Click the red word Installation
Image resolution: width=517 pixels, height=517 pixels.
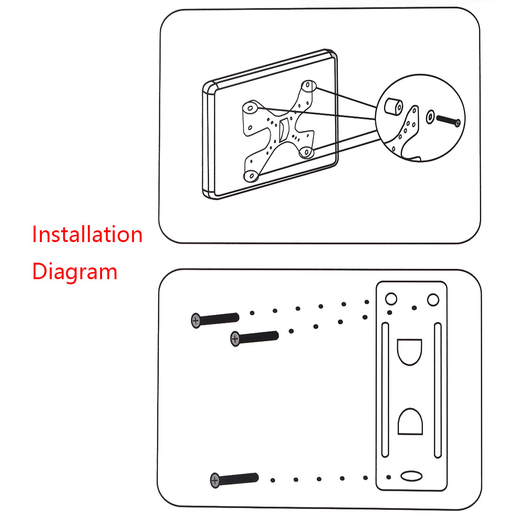87,234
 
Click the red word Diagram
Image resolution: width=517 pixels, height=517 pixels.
74,272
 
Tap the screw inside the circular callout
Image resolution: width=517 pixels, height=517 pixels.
448,120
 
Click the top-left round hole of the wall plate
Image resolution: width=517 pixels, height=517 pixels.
391,299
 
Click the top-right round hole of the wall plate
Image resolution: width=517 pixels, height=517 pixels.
433,299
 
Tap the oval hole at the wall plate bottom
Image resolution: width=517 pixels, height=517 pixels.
411,476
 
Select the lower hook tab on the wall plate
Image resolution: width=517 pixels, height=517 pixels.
410,421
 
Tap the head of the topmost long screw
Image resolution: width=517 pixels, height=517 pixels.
196,321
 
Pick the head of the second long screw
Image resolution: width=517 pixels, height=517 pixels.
235,338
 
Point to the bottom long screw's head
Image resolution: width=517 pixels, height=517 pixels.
215,480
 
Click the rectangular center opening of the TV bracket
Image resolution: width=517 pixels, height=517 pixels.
284,129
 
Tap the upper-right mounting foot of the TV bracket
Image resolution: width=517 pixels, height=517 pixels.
307,86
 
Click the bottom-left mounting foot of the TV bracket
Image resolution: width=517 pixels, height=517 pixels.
251,176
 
